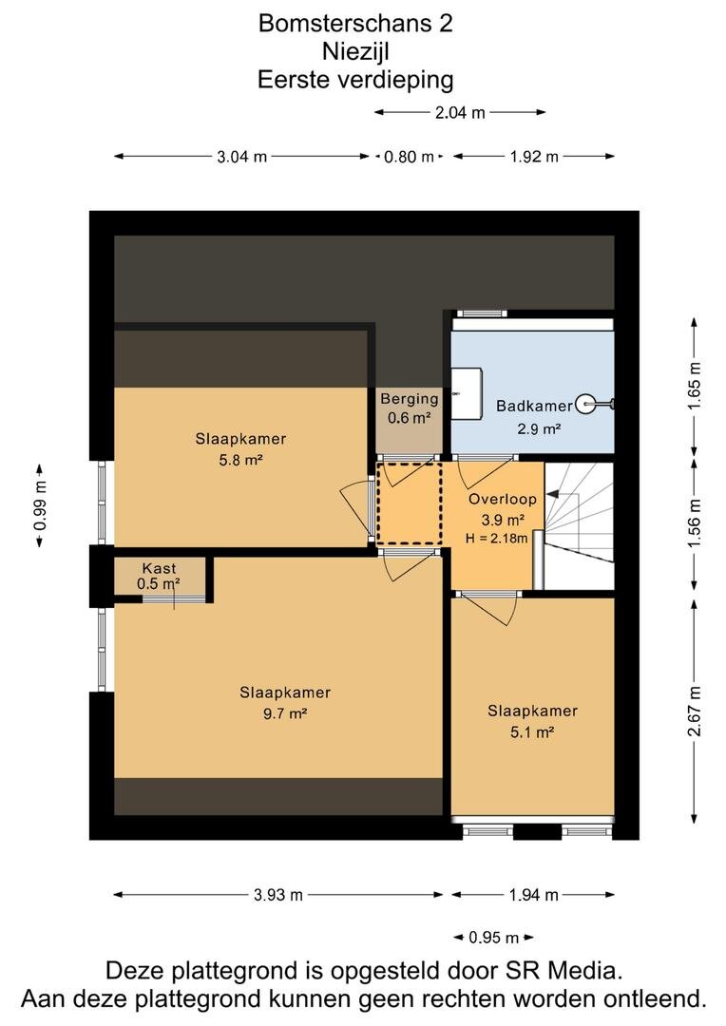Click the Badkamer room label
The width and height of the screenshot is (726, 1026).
pyautogui.click(x=533, y=406)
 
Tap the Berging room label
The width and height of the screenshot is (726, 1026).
pyautogui.click(x=410, y=398)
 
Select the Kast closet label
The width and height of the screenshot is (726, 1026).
pyautogui.click(x=159, y=568)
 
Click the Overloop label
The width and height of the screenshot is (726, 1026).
pyautogui.click(x=502, y=500)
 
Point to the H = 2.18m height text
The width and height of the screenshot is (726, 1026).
pyautogui.click(x=496, y=539)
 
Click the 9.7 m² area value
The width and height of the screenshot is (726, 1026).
pyautogui.click(x=285, y=713)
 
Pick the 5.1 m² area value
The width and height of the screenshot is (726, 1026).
pyautogui.click(x=532, y=731)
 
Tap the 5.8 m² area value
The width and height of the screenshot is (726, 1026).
pyautogui.click(x=241, y=460)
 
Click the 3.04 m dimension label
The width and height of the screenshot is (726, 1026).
pyautogui.click(x=242, y=157)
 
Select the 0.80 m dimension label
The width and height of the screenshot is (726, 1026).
pyautogui.click(x=410, y=157)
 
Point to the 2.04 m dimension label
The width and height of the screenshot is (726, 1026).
pyautogui.click(x=460, y=112)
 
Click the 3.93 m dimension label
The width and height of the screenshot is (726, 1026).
pyautogui.click(x=278, y=895)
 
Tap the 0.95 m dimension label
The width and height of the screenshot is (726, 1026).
pyautogui.click(x=493, y=938)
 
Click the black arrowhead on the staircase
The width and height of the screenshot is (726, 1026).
pyautogui.click(x=553, y=495)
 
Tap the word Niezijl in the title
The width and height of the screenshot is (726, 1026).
pyautogui.click(x=355, y=51)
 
